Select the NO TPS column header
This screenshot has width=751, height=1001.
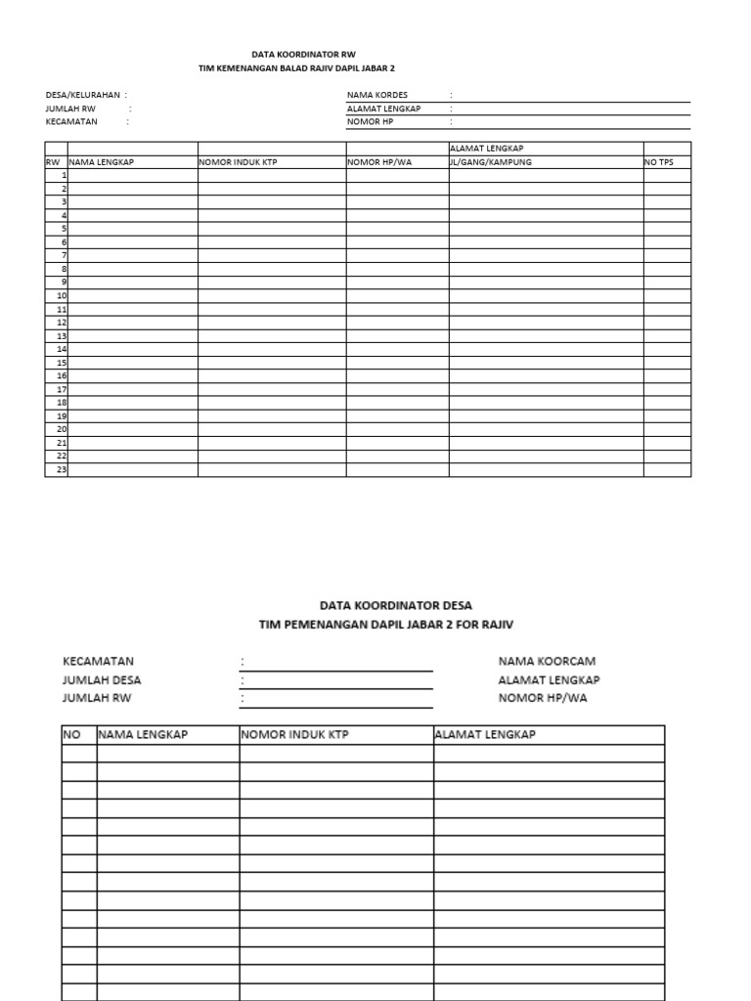pos(659,162)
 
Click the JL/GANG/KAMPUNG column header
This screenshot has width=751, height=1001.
pos(491,162)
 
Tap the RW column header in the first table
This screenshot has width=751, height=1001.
pos(53,162)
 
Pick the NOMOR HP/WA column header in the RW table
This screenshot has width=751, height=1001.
pos(380,162)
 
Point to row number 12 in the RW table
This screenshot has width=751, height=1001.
pos(61,322)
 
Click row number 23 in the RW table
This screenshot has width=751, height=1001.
pos(61,469)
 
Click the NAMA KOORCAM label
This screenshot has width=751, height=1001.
pos(547,662)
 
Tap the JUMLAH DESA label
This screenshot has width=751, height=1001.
pos(108,680)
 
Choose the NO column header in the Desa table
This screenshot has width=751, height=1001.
pos(71,735)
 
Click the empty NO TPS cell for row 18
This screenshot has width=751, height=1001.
pos(667,402)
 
